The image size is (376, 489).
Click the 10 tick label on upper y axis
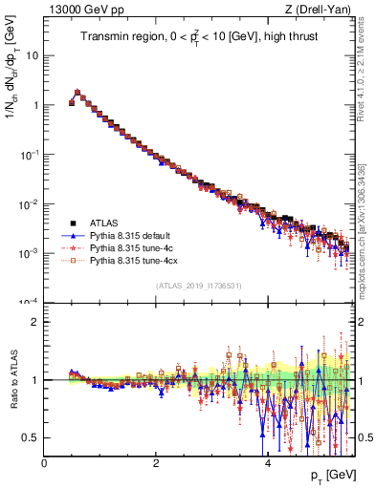(32, 55)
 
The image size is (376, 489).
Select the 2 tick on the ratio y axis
(35, 322)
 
